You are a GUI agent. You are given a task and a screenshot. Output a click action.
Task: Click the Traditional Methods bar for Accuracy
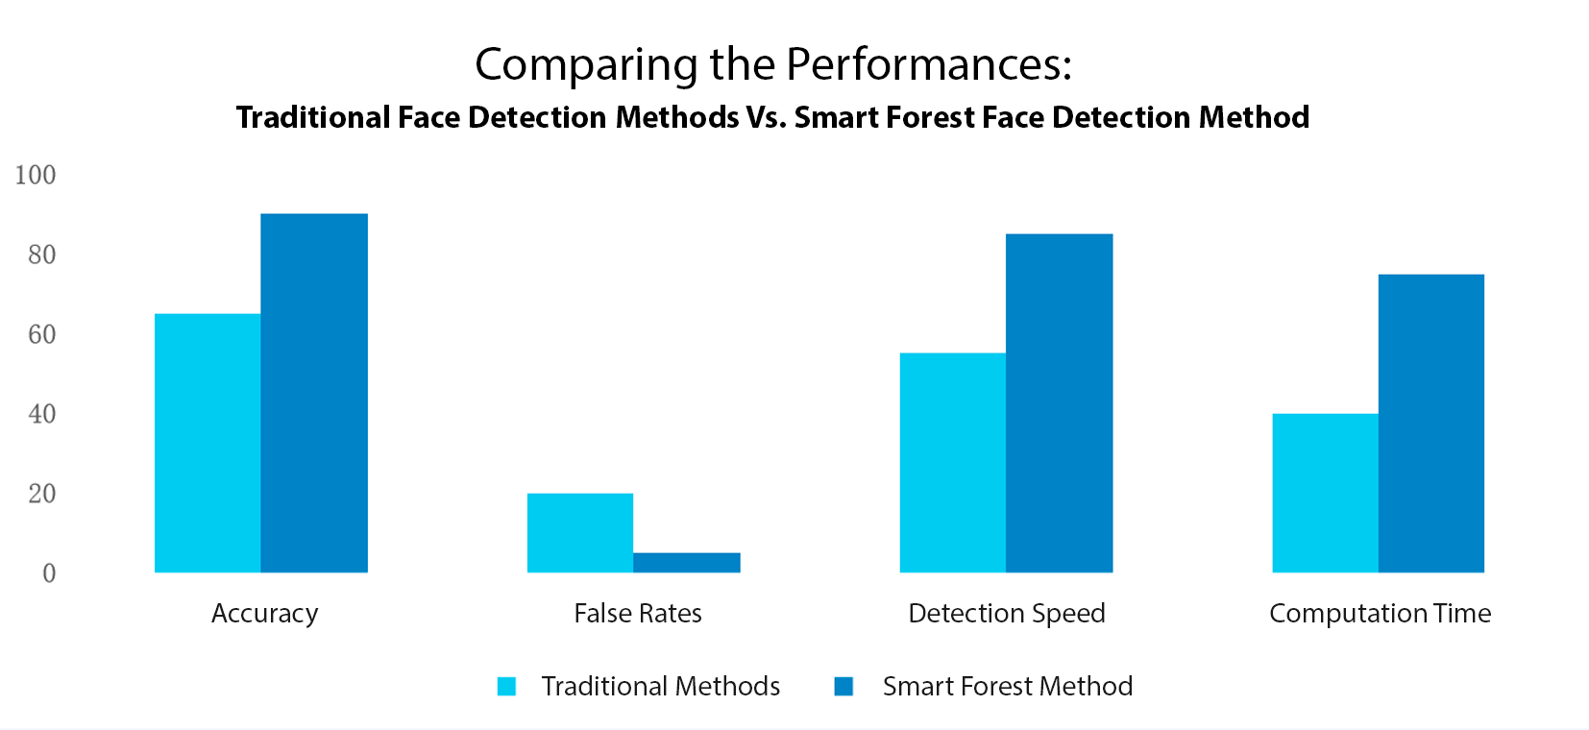[x=208, y=443]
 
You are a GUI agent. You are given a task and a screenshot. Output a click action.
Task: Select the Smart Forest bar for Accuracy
[x=314, y=393]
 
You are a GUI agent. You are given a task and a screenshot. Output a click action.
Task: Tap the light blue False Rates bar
[x=580, y=533]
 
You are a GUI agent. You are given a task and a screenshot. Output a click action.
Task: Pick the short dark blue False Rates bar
[x=687, y=563]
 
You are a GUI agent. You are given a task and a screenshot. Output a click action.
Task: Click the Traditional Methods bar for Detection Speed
[x=953, y=463]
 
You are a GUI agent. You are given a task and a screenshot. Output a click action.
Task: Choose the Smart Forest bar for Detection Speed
[x=1059, y=403]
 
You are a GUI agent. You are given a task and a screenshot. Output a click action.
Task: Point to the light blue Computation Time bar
[x=1325, y=493]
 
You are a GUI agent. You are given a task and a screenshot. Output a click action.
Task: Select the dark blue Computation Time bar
[x=1431, y=424]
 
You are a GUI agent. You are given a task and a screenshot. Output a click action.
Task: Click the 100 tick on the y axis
[x=36, y=175]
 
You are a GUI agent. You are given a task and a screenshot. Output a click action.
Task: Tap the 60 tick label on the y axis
[x=42, y=334]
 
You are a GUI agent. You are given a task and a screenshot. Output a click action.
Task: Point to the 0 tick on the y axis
[x=49, y=573]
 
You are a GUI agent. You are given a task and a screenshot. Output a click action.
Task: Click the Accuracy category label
[x=264, y=614]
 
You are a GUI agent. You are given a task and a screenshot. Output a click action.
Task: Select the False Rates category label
[x=638, y=613]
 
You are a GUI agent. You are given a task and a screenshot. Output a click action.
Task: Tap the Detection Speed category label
[x=1007, y=614]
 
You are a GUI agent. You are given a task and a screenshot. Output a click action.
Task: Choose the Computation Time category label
[x=1380, y=614]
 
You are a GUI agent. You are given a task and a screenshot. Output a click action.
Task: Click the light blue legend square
[x=506, y=686]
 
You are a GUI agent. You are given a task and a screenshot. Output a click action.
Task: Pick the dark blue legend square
[x=843, y=686]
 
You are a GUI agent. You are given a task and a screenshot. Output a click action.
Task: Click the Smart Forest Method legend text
[x=1008, y=686]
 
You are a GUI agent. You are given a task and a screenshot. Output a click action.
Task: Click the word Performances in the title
[x=929, y=63]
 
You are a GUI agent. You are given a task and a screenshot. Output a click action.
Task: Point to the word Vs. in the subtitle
[x=766, y=117]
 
